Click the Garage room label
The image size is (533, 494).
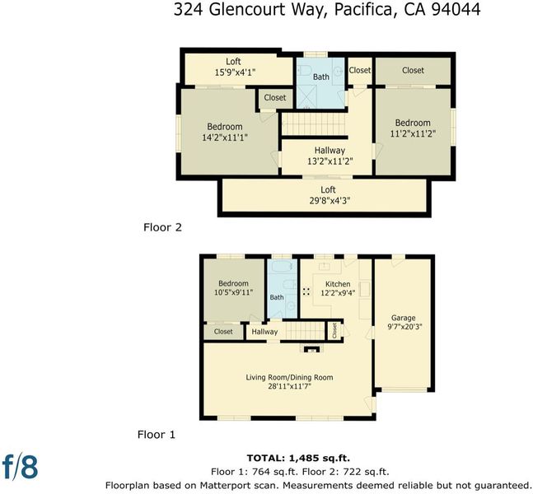pos(403,318)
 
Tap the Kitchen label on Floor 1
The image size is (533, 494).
pos(338,284)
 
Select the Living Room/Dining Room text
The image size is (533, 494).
pos(289,377)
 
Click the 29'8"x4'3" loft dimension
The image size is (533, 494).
pos(330,201)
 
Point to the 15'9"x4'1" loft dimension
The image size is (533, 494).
pos(235,72)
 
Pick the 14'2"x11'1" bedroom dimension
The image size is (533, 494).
pos(225,137)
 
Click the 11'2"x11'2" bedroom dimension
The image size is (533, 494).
pos(413,133)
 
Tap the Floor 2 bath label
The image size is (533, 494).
pos(321,77)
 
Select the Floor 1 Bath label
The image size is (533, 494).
pos(277,297)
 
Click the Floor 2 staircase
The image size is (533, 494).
pos(314,124)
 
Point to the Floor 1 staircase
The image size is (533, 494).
pos(305,331)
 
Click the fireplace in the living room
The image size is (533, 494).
pos(311,349)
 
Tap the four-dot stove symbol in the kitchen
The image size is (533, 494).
pos(306,291)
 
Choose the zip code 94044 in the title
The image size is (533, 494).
pos(456,9)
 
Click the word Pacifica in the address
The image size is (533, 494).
pos(363,9)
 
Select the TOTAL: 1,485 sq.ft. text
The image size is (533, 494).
pos(298,458)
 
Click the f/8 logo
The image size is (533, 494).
pos(20,466)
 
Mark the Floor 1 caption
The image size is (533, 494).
pos(156,435)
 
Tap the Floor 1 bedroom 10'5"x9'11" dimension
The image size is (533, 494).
pos(233,292)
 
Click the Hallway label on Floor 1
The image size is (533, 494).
pos(264,332)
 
